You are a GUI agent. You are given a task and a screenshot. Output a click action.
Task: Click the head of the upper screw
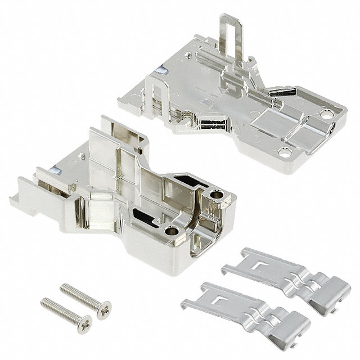103,310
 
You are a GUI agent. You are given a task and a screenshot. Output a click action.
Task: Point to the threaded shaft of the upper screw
79,295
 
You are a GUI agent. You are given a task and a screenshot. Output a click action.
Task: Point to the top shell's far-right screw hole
325,114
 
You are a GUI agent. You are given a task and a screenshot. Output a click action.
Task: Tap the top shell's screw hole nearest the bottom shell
285,151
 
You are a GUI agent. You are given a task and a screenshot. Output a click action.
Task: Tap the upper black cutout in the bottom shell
187,181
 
